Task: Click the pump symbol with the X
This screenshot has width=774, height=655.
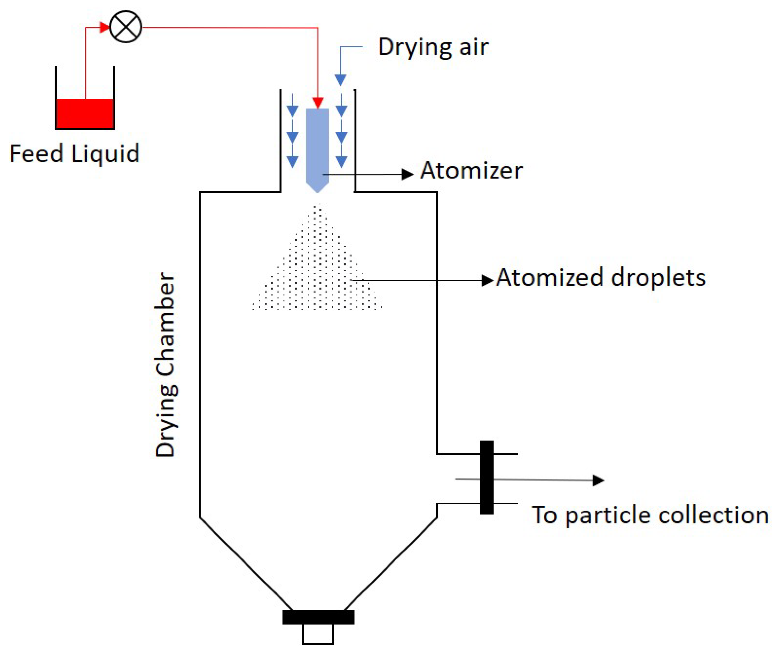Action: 126,27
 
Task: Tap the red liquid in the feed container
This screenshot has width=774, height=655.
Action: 85,113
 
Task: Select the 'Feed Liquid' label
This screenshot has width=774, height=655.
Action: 74,154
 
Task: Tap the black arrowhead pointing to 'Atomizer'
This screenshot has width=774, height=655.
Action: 408,174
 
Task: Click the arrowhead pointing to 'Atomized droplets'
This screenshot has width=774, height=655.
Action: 487,280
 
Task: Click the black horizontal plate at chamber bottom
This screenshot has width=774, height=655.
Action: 318,617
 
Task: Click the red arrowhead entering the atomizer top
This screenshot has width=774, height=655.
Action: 318,103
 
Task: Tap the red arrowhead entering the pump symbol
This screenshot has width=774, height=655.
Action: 105,27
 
